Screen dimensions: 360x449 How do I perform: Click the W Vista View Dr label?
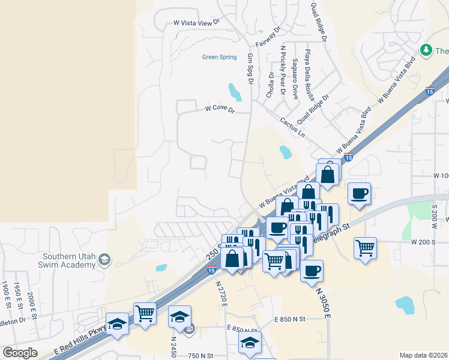tap(197, 23)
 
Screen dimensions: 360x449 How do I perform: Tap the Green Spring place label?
tap(219, 58)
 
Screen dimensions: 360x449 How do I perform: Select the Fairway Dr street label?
tap(268, 37)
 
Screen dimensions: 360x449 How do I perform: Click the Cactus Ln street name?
tap(292, 127)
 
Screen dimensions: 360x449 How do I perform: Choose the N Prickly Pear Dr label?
tap(283, 66)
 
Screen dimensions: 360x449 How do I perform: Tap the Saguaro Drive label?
tap(295, 79)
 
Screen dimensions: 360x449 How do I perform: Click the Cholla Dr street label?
tap(271, 85)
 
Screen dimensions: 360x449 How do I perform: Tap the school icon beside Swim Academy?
tap(104, 259)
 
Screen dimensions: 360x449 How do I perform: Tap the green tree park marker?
tap(426, 50)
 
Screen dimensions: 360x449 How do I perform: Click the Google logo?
tap(20, 352)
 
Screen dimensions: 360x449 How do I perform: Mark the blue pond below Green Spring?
tap(235, 92)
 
